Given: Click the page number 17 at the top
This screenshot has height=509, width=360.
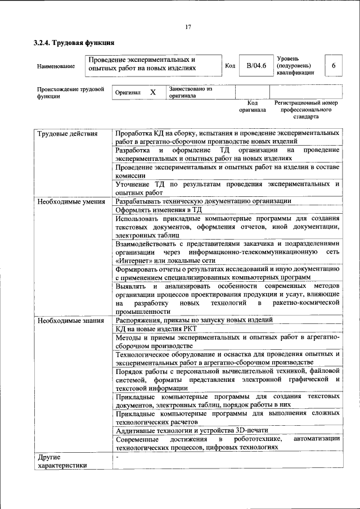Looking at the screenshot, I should coord(188,26).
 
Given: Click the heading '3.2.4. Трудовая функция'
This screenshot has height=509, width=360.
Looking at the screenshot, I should coord(74,43).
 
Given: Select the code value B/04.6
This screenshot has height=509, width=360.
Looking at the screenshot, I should coord(256,66).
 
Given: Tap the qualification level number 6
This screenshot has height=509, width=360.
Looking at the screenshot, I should coord(334,66).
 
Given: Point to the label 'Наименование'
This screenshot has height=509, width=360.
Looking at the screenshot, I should coord(56,67).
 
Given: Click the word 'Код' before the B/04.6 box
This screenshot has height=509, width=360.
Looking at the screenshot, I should coord(229,66).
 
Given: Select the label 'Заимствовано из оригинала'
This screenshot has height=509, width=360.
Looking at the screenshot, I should coord(190,92).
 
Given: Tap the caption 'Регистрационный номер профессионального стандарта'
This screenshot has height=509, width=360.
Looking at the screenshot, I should coord(305,110).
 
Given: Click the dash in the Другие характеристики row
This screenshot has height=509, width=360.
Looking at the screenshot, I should coord(116,457).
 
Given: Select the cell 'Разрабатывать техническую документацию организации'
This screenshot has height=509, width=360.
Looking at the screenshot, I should coord(203,201).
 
